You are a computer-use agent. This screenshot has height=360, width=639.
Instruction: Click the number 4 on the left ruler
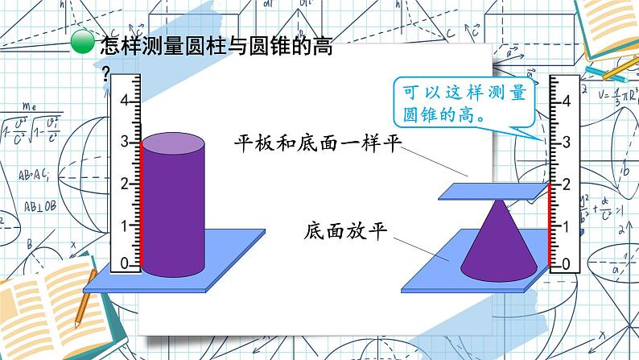pyautogui.click(x=124, y=101)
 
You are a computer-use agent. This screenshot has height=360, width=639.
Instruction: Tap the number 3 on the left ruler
pyautogui.click(x=124, y=142)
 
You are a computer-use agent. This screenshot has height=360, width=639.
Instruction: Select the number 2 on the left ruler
pyautogui.click(x=124, y=183)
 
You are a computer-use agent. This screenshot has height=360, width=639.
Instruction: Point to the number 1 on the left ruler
pyautogui.click(x=124, y=224)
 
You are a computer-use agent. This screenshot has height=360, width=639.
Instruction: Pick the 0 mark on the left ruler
pyautogui.click(x=124, y=264)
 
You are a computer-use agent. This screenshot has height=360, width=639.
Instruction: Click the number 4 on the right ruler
pyautogui.click(x=567, y=101)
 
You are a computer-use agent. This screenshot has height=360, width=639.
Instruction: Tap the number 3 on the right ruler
pyautogui.click(x=567, y=143)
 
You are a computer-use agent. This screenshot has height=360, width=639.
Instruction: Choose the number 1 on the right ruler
pyautogui.click(x=567, y=225)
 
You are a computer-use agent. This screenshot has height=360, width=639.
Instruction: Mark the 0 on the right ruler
pyautogui.click(x=567, y=264)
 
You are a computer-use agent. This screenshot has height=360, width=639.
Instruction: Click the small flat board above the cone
pyautogui.click(x=491, y=191)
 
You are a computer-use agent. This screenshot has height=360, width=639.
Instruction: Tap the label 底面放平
pyautogui.click(x=347, y=230)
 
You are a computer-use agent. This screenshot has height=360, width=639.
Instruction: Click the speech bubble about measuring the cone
pyautogui.click(x=464, y=102)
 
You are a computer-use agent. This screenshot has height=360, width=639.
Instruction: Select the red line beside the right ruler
pyautogui.click(x=550, y=225)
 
